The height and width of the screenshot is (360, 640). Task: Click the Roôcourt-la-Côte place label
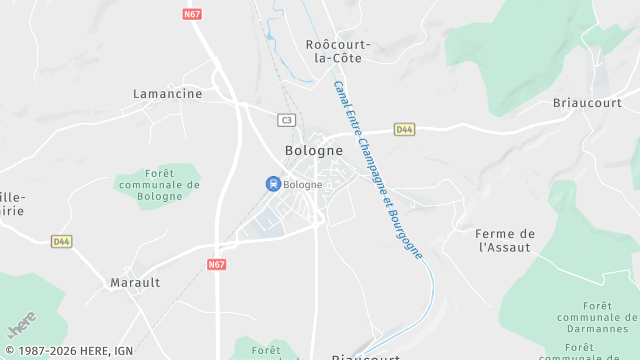coord(337,50)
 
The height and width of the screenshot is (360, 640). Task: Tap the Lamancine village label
coord(168,94)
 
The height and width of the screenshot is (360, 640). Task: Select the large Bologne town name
coord(314,151)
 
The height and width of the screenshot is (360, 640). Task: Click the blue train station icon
coord(272,184)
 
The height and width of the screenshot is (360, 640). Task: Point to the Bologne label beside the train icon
coord(303,185)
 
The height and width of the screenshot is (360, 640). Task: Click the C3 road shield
coord(287,120)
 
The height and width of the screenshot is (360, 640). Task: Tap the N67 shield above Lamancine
coord(193,14)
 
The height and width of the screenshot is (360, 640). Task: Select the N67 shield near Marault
coord(217,265)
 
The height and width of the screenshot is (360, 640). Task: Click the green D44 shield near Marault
coord(62,241)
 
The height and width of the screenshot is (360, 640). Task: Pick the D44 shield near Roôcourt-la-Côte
coord(404,129)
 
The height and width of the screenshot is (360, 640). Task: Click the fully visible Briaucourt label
coord(586,103)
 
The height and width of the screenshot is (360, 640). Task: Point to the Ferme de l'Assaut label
coord(506,240)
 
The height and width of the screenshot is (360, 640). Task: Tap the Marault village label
coord(135,283)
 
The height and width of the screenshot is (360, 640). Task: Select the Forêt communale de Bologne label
coord(159,185)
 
